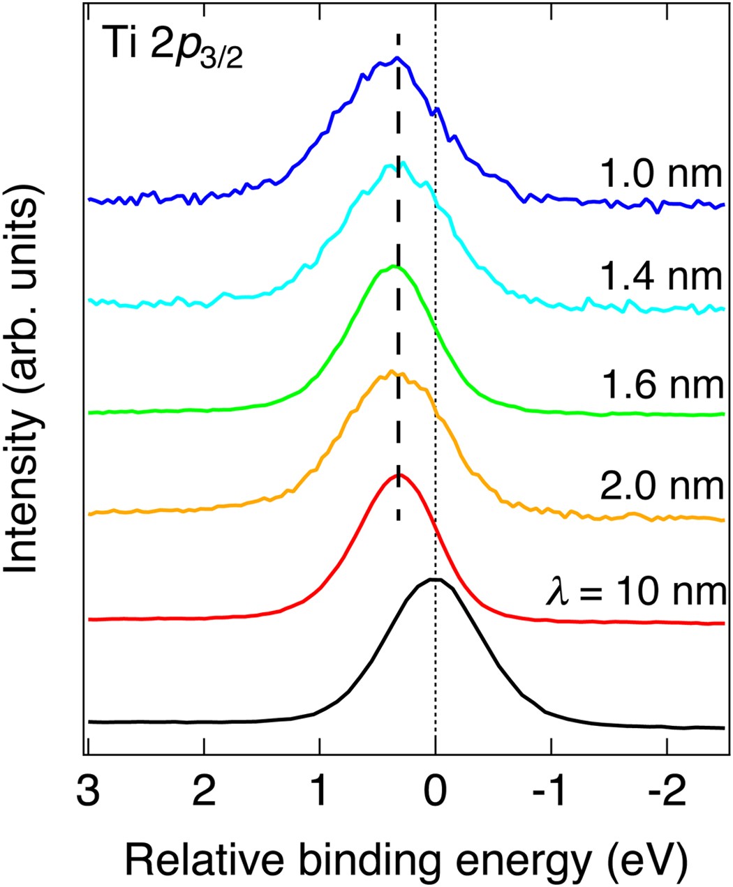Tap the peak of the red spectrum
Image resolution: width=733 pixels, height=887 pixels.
pyautogui.click(x=398, y=474)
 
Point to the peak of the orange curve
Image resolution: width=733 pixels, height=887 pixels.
pyautogui.click(x=392, y=372)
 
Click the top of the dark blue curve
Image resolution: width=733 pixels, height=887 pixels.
pyautogui.click(x=397, y=58)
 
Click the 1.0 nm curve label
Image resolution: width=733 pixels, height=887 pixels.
pyautogui.click(x=660, y=173)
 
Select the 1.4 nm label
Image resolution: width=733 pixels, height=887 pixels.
pyautogui.click(x=660, y=276)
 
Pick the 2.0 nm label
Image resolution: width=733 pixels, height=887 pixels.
pyautogui.click(x=660, y=485)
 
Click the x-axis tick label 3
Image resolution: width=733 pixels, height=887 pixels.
pyautogui.click(x=89, y=790)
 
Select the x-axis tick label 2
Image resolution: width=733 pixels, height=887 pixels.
pyautogui.click(x=204, y=790)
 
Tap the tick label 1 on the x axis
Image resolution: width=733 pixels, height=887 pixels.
pyautogui.click(x=320, y=790)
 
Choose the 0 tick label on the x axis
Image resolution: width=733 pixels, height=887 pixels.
pyautogui.click(x=436, y=790)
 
